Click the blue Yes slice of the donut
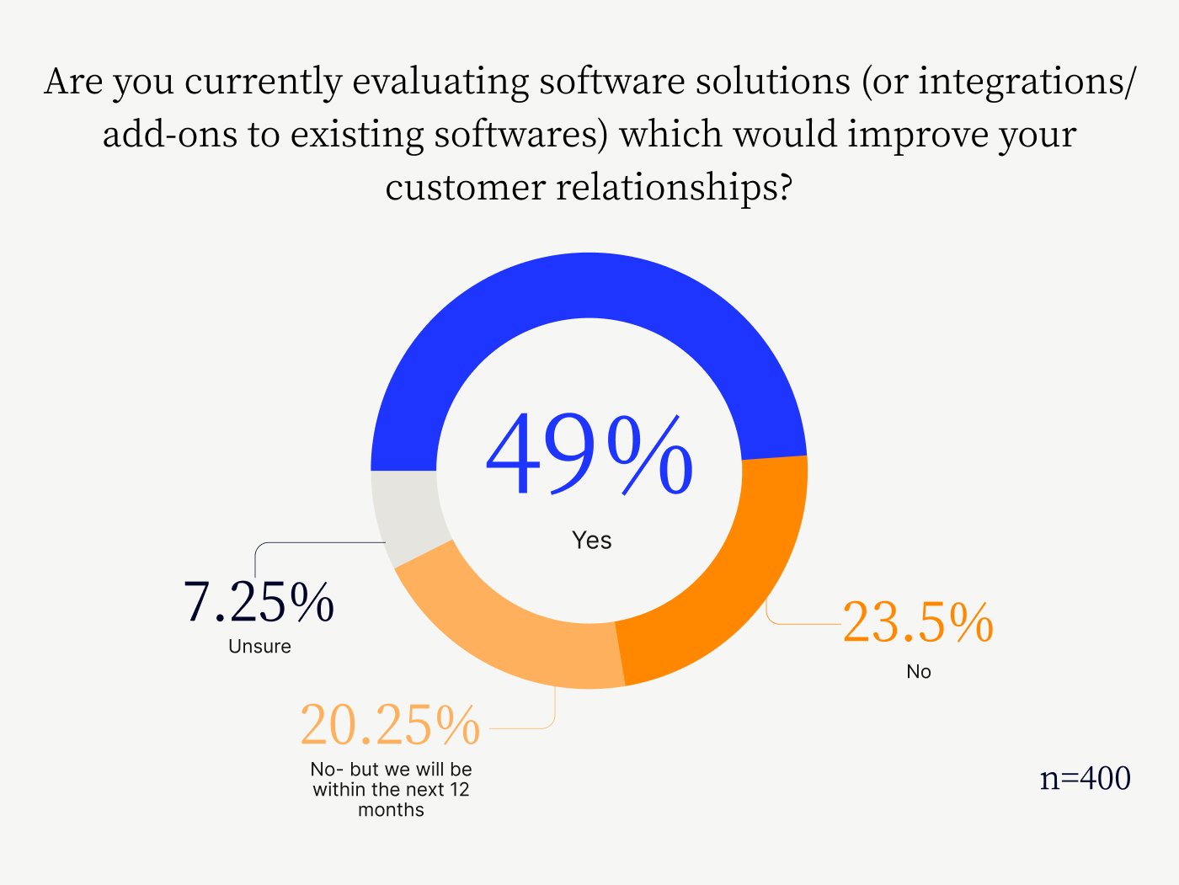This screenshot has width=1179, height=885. [589, 285]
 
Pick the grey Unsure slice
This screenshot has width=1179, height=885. [409, 515]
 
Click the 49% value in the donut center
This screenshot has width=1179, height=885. [589, 454]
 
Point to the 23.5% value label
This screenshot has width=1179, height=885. [918, 622]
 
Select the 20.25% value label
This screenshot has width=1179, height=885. [390, 725]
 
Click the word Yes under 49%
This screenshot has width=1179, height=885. [591, 541]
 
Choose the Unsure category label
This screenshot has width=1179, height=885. [259, 646]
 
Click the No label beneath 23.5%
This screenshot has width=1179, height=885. [919, 671]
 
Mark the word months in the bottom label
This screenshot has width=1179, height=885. [391, 810]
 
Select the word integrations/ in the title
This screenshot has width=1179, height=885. [1027, 81]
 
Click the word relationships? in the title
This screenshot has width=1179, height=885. [674, 187]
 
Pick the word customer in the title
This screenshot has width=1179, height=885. [465, 188]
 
